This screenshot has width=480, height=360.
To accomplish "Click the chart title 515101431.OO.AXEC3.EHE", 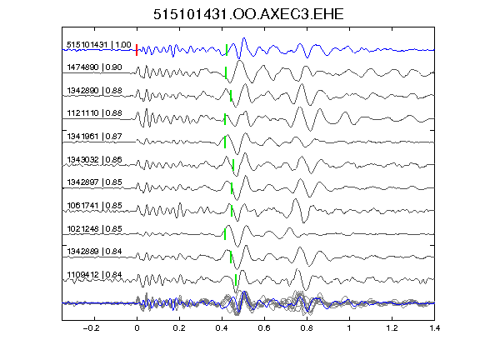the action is pyautogui.click(x=248, y=14).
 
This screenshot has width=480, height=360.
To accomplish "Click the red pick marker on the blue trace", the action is pyautogui.click(x=137, y=50).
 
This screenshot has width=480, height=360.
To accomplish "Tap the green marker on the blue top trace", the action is pyautogui.click(x=227, y=50).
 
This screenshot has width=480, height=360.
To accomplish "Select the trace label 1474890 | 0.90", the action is pyautogui.click(x=94, y=67).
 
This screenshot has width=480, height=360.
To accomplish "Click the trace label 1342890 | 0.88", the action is pyautogui.click(x=94, y=91).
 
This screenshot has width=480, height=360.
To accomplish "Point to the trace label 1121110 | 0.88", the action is pyautogui.click(x=94, y=113).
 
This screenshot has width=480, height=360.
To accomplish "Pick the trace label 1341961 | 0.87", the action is pyautogui.click(x=94, y=136).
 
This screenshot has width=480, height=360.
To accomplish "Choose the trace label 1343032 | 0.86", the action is pyautogui.click(x=94, y=159).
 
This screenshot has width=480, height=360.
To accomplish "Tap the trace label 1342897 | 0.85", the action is pyautogui.click(x=94, y=182).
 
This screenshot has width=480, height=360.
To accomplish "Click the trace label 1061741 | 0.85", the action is pyautogui.click(x=94, y=205).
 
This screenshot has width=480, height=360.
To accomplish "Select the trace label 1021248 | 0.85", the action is pyautogui.click(x=94, y=228).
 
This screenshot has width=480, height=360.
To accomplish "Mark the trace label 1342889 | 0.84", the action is pyautogui.click(x=94, y=252).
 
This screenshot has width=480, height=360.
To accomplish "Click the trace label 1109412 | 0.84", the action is pyautogui.click(x=94, y=275).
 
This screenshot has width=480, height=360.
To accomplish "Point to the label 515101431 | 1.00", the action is pyautogui.click(x=99, y=45).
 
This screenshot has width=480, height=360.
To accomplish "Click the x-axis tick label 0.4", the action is pyautogui.click(x=222, y=328).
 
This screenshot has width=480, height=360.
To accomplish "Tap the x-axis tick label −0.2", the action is pyautogui.click(x=91, y=328).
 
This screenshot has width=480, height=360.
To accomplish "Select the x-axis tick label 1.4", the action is pyautogui.click(x=434, y=328).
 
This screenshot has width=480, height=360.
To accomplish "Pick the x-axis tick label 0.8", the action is pyautogui.click(x=307, y=328).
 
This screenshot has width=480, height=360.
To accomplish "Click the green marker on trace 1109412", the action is pyautogui.click(x=236, y=280).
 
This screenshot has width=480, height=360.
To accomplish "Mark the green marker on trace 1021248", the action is pyautogui.click(x=225, y=234).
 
